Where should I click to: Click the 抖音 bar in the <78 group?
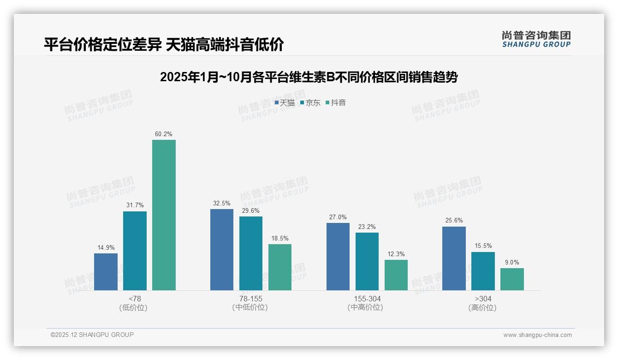point(164,215)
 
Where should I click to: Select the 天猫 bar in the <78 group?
point(106,272)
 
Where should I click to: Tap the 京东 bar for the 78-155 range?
point(251,253)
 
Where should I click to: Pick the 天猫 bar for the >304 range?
point(454,258)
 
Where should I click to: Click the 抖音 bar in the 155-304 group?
point(396,275)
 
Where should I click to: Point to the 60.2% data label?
point(164,134)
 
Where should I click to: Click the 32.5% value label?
point(222,204)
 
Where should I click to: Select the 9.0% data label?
point(512,263)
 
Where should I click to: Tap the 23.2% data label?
point(367,227)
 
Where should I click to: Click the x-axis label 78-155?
point(250,299)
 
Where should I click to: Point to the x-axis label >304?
point(483,299)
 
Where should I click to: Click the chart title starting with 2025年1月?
point(309,77)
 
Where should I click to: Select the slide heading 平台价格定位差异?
point(164,44)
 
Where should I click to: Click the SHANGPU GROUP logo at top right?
point(536,39)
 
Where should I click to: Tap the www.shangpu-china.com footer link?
point(537,335)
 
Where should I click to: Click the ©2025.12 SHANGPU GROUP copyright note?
point(92,335)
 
